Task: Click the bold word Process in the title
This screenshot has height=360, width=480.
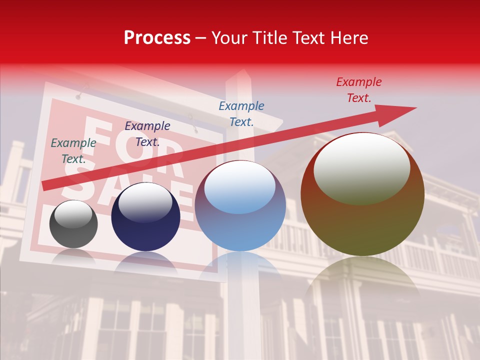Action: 157,37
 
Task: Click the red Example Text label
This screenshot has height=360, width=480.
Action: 359,90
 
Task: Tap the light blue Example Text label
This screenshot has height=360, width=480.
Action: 241,113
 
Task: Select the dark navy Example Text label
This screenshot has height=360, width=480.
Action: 147,133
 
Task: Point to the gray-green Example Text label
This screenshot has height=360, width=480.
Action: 73,150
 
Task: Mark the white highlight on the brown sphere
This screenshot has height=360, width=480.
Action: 361,167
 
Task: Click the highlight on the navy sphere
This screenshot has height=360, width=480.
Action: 145,201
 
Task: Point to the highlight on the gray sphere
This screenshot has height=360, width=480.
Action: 73,213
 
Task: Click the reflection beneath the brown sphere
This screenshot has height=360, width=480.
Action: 362,280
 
